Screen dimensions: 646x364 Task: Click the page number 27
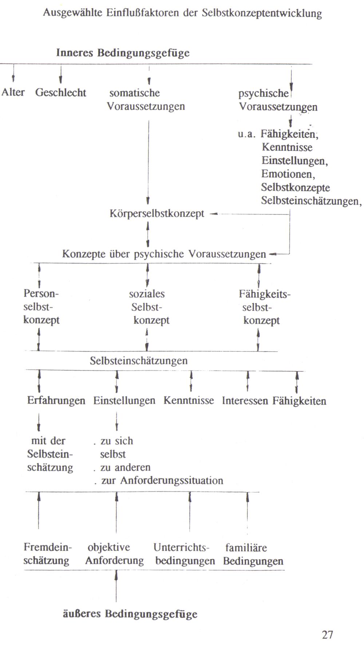(x=327, y=635)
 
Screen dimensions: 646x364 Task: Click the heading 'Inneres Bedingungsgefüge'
(x=123, y=53)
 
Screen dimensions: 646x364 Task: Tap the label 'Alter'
(x=13, y=92)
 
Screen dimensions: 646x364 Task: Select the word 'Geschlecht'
(x=60, y=92)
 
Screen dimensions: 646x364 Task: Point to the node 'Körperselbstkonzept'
(x=157, y=214)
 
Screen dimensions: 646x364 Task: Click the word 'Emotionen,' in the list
(x=288, y=174)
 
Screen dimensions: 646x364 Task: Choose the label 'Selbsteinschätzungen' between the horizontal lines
(x=139, y=361)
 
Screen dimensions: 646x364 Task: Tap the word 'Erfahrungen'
(x=56, y=401)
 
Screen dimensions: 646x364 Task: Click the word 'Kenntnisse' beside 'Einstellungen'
(x=189, y=401)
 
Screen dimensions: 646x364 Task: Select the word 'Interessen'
(x=245, y=401)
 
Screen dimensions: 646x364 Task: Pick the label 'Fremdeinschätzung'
(x=47, y=554)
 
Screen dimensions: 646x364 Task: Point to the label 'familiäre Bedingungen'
(x=253, y=554)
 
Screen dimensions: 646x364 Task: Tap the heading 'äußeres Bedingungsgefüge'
(x=130, y=614)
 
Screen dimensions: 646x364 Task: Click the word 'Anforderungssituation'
(x=171, y=480)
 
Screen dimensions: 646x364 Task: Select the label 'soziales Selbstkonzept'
(x=149, y=307)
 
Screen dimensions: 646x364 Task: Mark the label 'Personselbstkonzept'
(x=41, y=307)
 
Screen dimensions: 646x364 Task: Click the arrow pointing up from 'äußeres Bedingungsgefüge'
(x=116, y=586)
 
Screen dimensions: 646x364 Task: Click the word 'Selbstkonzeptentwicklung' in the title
(x=262, y=13)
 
